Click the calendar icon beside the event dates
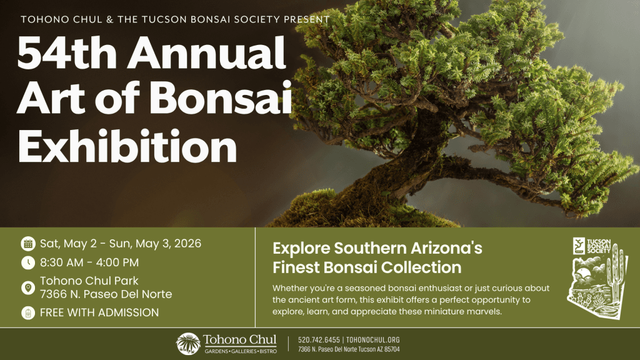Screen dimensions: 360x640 tap(27, 244)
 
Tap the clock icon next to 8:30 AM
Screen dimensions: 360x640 tap(27, 262)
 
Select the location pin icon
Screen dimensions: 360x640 tap(27, 287)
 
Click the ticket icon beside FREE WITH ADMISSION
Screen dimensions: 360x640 tap(27, 312)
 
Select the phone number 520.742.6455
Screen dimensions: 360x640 tap(319, 340)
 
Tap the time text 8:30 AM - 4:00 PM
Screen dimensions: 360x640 tap(89, 262)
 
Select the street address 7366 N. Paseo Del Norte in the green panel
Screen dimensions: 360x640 tap(106, 294)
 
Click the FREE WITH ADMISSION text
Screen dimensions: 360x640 tap(99, 312)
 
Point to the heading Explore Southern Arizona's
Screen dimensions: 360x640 tap(377, 248)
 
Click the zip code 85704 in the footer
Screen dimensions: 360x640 tap(391, 349)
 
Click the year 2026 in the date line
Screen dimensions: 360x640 tap(185, 244)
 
